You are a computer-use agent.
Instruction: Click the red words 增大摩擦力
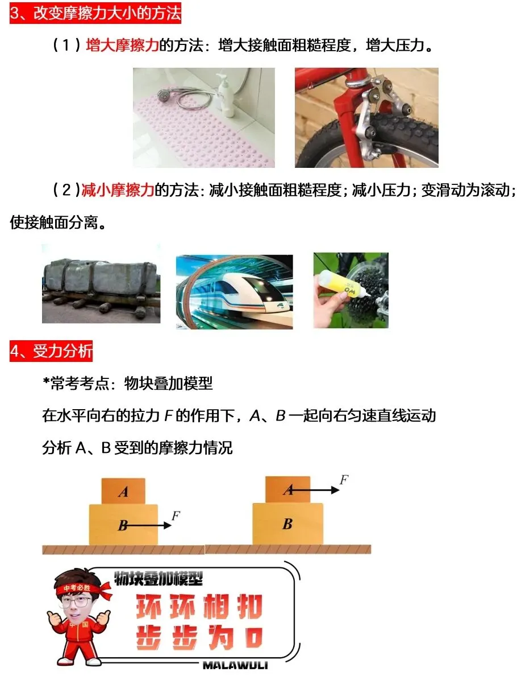(x=122, y=46)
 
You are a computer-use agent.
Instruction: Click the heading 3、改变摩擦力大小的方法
(x=95, y=13)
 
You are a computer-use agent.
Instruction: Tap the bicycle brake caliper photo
(x=366, y=117)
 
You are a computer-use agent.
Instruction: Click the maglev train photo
(x=234, y=291)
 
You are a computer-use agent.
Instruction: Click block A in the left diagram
(x=123, y=491)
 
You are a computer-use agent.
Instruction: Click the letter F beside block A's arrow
(x=344, y=479)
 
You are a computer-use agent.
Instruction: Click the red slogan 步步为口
(x=199, y=637)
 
